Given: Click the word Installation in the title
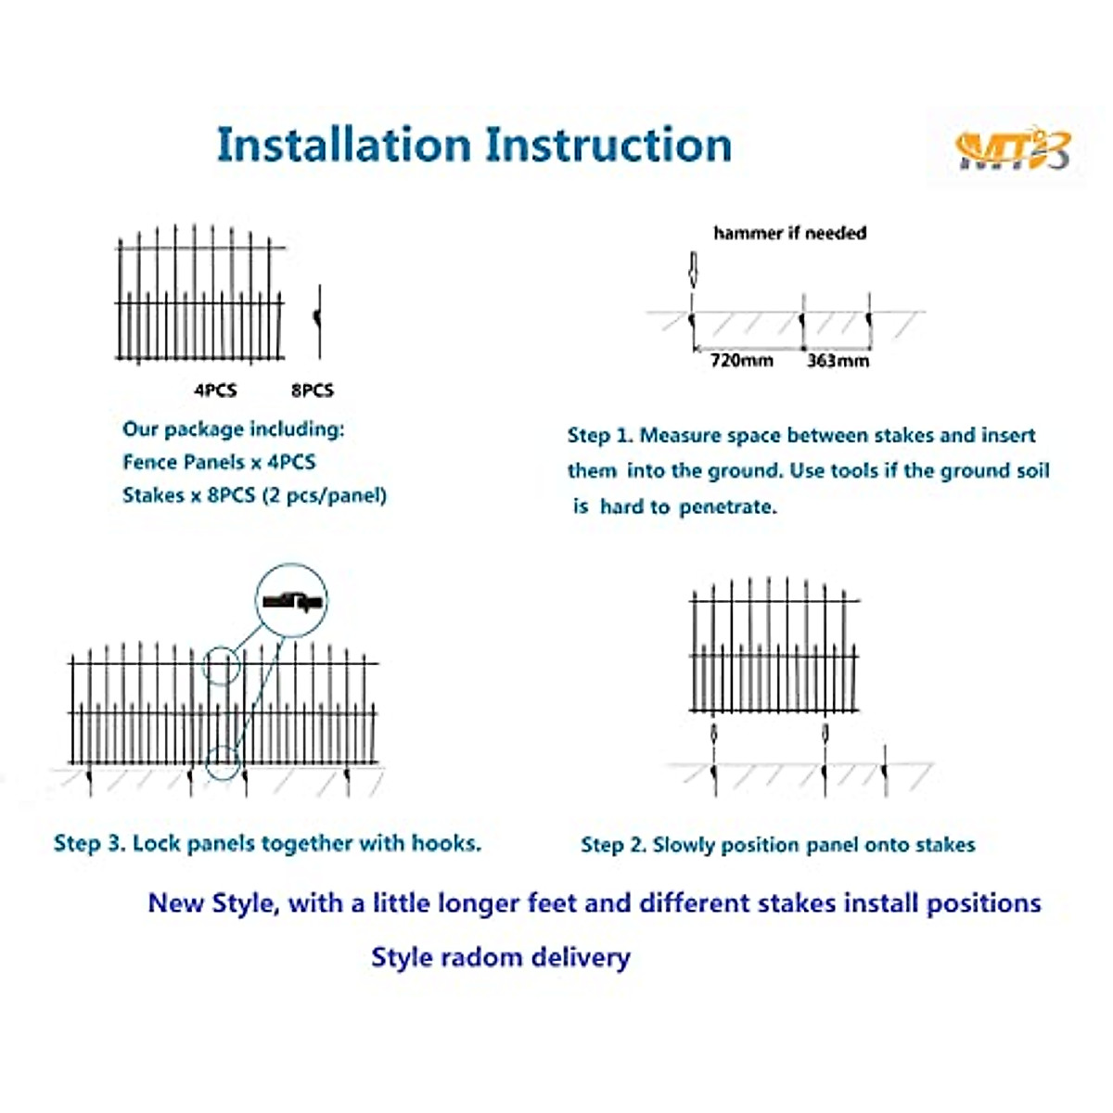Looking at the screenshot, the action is click(344, 145).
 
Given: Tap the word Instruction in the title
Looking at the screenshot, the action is click(608, 145).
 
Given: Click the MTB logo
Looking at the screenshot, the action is click(1012, 150).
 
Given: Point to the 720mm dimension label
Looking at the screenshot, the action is click(742, 361).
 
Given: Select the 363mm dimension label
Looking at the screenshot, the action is click(838, 361).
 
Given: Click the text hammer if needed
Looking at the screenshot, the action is click(790, 233).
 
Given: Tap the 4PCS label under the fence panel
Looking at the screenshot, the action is click(215, 390).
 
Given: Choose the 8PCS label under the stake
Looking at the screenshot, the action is click(313, 390).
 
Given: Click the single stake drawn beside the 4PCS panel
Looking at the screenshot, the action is click(318, 321).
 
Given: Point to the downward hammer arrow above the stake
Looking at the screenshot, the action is click(693, 270).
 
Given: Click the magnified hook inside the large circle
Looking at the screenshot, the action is click(292, 602).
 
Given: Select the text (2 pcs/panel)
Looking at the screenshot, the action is click(325, 495).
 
